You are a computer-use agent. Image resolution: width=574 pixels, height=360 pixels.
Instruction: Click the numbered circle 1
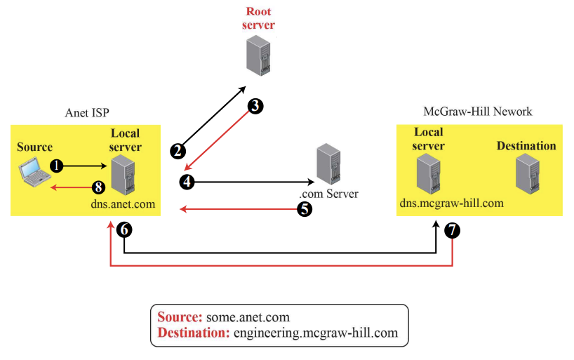coord(58,166)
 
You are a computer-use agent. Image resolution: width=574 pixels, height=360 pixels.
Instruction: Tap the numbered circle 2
coord(178,149)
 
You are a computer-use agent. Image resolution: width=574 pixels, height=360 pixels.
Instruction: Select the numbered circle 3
coord(255,106)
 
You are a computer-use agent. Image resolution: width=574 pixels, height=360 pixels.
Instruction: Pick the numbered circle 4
coord(187,182)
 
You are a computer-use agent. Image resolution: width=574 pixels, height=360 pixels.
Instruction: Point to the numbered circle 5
coord(305,208)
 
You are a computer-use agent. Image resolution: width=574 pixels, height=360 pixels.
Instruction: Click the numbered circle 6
coord(124,229)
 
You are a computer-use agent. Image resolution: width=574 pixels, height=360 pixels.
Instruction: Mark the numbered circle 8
coord(98,187)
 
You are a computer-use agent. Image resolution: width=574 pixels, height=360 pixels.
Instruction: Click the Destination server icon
coord(526,173)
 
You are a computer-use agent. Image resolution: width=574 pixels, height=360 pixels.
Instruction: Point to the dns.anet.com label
coord(122,204)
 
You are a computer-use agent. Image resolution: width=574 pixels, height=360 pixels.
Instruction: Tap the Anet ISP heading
coord(87,112)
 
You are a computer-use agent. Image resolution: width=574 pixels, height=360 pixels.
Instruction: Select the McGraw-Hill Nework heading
coord(478,112)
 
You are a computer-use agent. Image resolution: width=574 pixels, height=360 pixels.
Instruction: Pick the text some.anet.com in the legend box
coord(253,317)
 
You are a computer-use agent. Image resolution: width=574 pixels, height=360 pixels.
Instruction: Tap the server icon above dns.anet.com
coord(122,175)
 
